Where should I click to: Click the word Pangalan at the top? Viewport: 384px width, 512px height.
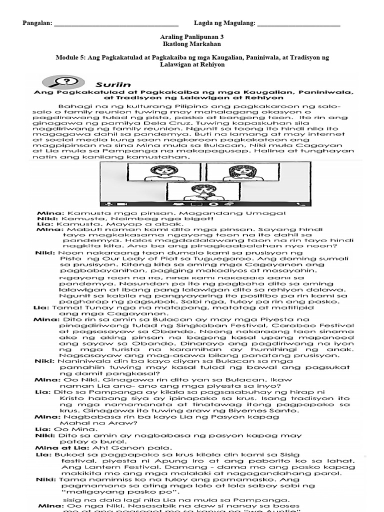(x=37, y=23)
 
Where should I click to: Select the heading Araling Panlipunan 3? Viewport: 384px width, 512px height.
(x=192, y=37)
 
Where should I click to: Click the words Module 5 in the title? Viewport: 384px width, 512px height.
(x=70, y=57)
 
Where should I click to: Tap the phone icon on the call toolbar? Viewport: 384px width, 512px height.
(x=300, y=203)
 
